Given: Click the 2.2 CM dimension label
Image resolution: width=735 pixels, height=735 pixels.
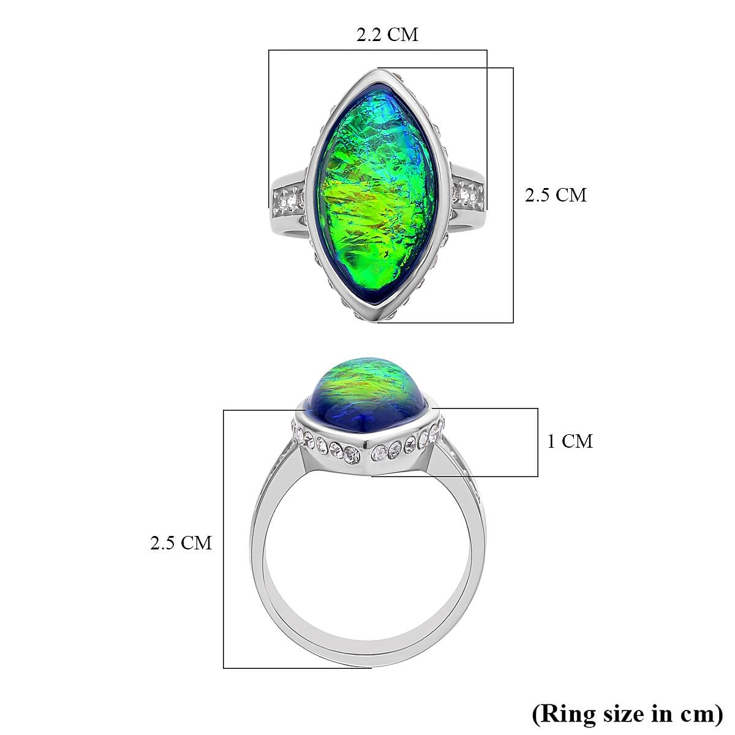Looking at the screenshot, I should pos(387,35).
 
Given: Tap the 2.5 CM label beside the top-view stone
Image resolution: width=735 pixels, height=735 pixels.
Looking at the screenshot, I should pos(556,195).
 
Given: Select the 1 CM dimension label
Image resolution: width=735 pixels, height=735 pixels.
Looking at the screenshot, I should pos(570,441).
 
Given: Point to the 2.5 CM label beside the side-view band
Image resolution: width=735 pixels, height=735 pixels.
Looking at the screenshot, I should pos(181,543).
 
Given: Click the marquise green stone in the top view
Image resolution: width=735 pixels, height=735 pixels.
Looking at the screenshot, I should pos(377,196).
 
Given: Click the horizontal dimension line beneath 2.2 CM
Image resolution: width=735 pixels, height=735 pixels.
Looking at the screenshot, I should pos(377,50).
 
